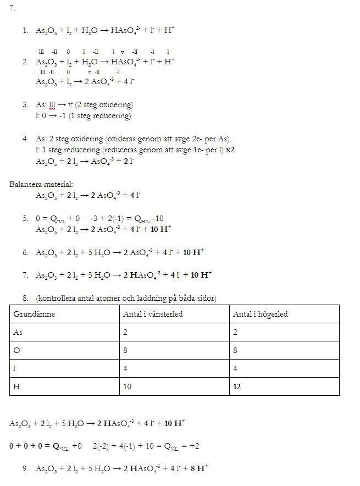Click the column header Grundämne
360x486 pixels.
click(x=34, y=314)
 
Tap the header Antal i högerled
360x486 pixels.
click(x=261, y=314)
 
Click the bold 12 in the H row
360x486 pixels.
click(x=237, y=386)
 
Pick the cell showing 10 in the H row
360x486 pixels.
click(x=127, y=386)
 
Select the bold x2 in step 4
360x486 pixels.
click(x=230, y=150)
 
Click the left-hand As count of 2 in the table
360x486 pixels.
click(x=126, y=332)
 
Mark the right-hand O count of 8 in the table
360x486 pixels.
click(x=236, y=350)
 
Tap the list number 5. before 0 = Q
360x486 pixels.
click(x=25, y=218)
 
